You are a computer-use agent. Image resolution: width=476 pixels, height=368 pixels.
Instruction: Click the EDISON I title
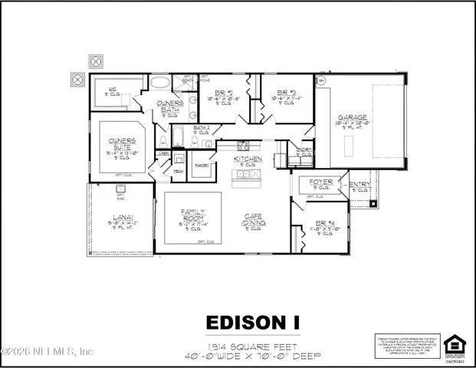point(253,320)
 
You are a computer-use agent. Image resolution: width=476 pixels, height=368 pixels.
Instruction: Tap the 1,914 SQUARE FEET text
point(252,346)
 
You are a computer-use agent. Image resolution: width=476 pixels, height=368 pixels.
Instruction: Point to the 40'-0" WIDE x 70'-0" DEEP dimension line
point(252,356)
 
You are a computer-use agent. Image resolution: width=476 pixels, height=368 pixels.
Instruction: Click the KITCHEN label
point(247,159)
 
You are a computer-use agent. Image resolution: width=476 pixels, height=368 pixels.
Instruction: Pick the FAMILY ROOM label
point(192,215)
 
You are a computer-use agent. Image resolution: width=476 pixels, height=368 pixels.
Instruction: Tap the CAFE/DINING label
point(254,220)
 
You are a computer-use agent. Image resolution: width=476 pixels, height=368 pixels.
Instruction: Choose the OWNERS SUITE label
point(121,140)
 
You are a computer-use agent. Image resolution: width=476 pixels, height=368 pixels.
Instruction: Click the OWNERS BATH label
point(169,106)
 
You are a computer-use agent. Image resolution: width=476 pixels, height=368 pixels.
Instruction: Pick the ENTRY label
point(359,184)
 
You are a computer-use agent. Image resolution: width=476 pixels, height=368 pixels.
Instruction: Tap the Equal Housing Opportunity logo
point(455,344)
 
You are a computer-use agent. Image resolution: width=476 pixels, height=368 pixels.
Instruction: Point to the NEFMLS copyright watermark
point(48,351)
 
